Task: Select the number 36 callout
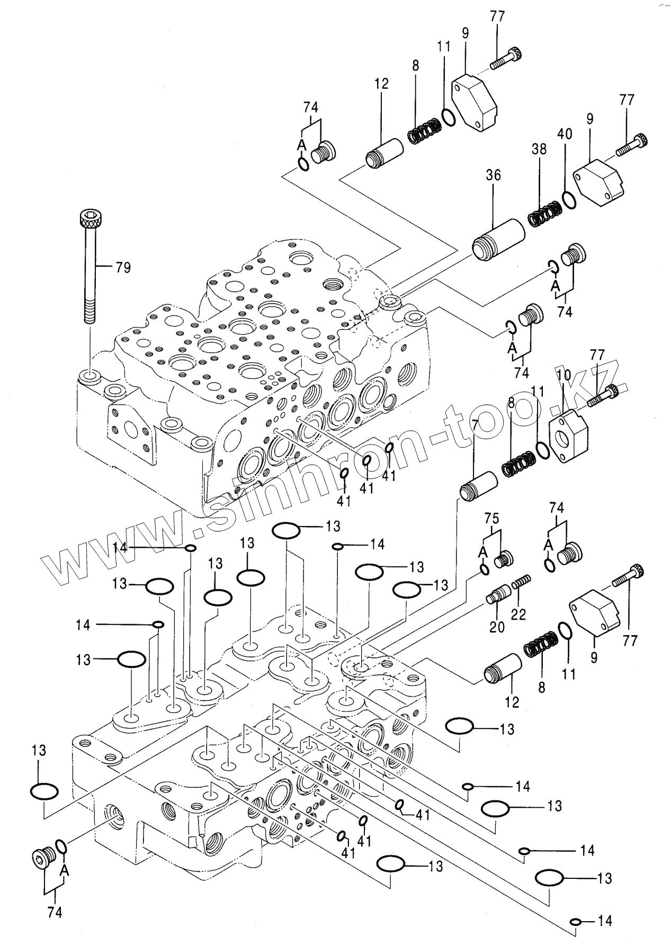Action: click(x=493, y=175)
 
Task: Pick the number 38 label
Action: click(x=539, y=149)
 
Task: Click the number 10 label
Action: click(x=563, y=376)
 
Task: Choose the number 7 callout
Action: click(x=475, y=424)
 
